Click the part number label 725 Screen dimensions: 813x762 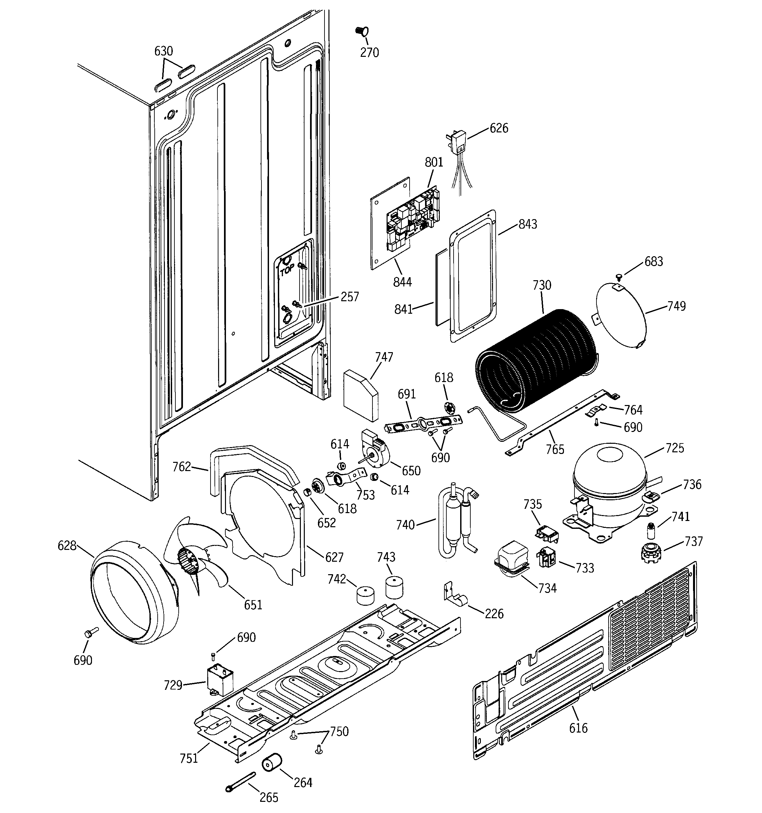[675, 448]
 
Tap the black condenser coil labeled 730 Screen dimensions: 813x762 [536, 360]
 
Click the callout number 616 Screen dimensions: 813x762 [578, 728]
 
